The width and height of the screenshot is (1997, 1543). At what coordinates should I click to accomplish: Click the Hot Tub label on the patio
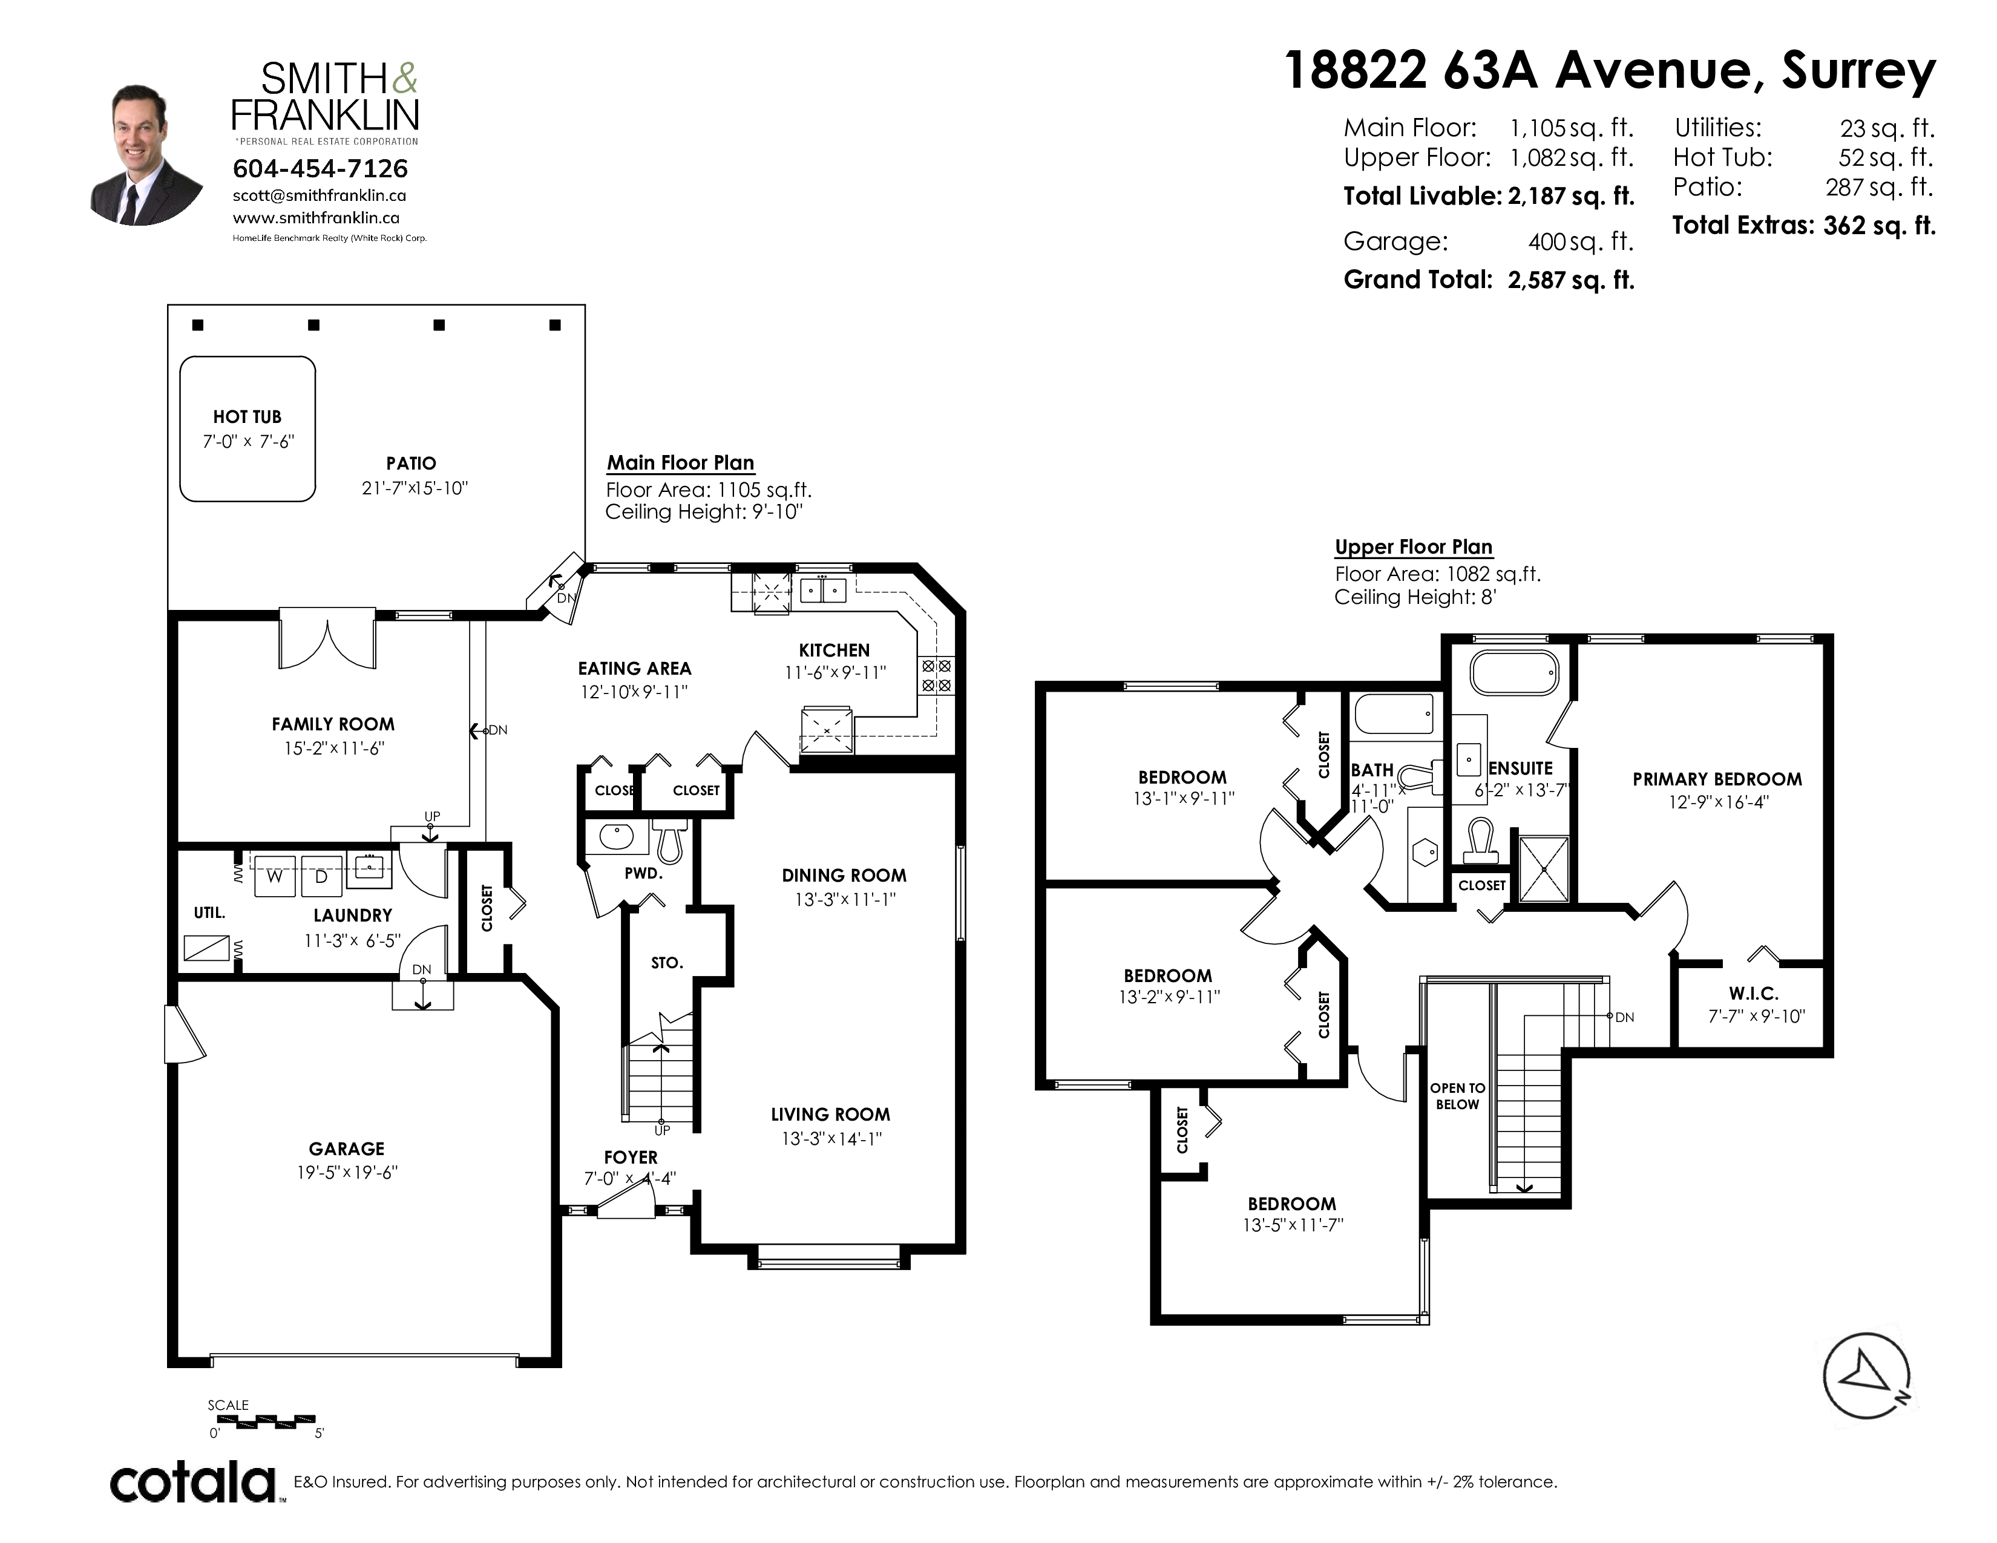pos(247,417)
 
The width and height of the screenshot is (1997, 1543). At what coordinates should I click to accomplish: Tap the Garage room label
pos(347,1149)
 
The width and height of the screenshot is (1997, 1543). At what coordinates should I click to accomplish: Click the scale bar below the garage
pos(265,1421)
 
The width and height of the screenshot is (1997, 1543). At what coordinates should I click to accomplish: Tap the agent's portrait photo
pos(146,156)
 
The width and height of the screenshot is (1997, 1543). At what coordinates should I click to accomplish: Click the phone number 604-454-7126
pos(320,168)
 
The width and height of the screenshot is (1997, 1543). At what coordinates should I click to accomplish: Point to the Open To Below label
pos(1458,1096)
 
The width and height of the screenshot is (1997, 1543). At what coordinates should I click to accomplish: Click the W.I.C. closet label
pos(1754,994)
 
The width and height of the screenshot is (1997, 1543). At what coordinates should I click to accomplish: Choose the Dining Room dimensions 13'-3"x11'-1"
pos(845,899)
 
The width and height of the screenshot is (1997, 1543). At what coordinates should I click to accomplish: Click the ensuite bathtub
pos(1514,673)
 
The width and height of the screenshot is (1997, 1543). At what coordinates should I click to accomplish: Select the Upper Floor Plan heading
pos(1414,546)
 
